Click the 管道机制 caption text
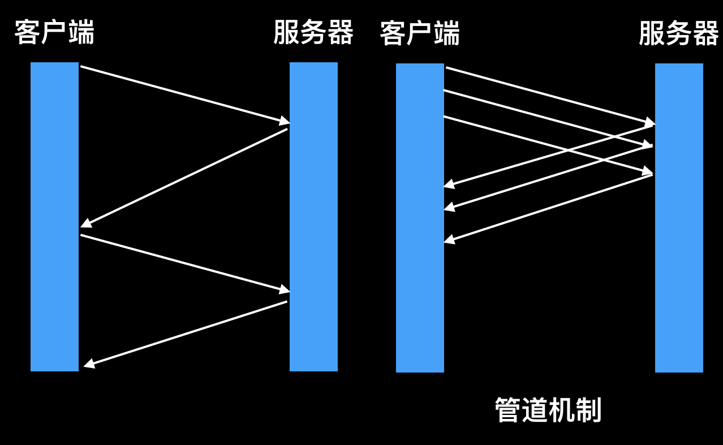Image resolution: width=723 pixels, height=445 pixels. pyautogui.click(x=548, y=410)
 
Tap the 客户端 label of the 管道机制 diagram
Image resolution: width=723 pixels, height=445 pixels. pyautogui.click(x=419, y=33)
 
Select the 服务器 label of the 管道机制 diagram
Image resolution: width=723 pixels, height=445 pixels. pyautogui.click(x=678, y=33)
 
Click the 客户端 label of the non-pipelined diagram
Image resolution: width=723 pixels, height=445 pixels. pyautogui.click(x=54, y=32)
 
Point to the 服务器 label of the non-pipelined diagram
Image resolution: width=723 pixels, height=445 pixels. pyautogui.click(x=313, y=32)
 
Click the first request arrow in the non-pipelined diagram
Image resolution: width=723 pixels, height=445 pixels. pyautogui.click(x=181, y=93)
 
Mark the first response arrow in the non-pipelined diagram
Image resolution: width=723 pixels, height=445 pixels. pyautogui.click(x=184, y=178)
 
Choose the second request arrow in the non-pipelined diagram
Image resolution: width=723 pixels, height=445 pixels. pyautogui.click(x=181, y=263)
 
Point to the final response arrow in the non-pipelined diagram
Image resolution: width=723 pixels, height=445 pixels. pyautogui.click(x=187, y=333)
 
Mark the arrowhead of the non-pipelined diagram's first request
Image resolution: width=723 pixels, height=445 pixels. pyautogui.click(x=285, y=121)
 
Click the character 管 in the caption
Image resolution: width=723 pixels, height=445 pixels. pyautogui.click(x=507, y=410)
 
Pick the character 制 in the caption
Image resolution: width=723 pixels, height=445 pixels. pyautogui.click(x=588, y=410)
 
